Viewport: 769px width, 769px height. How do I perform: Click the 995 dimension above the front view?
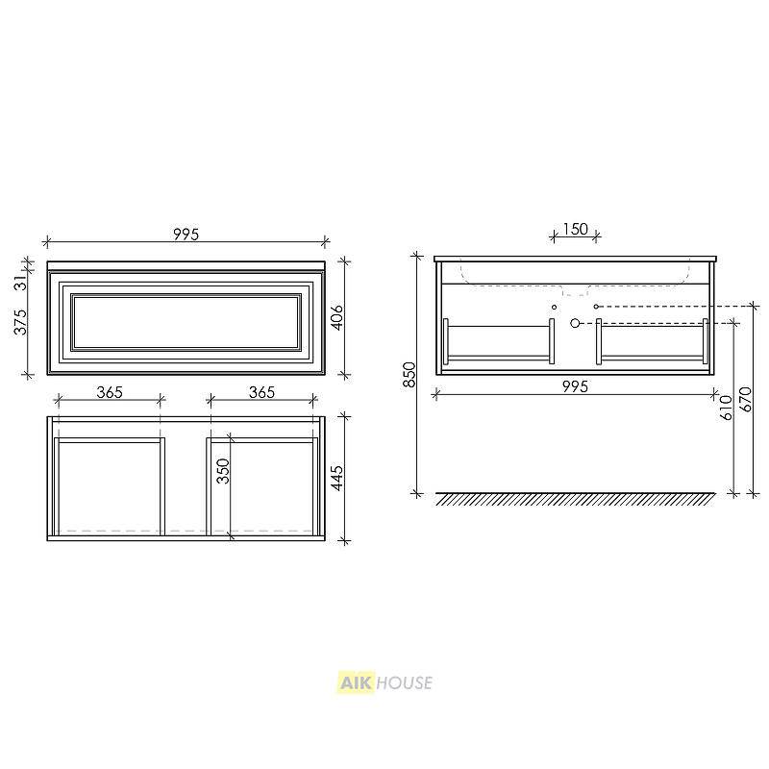coord(186,235)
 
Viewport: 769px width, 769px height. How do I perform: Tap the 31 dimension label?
coord(20,283)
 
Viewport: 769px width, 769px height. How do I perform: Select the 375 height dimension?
coord(20,322)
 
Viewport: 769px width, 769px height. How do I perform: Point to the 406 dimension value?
coord(336,317)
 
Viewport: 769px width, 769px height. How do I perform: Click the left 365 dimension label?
coord(110,392)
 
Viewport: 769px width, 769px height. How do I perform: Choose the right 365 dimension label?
coord(261,392)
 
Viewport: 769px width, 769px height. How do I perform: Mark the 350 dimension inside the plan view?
coord(223,471)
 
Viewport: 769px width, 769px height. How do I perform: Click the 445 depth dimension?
coord(336,478)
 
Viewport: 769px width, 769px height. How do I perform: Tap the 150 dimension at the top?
coord(575,229)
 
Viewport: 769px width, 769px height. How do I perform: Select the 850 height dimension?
coord(409,375)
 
